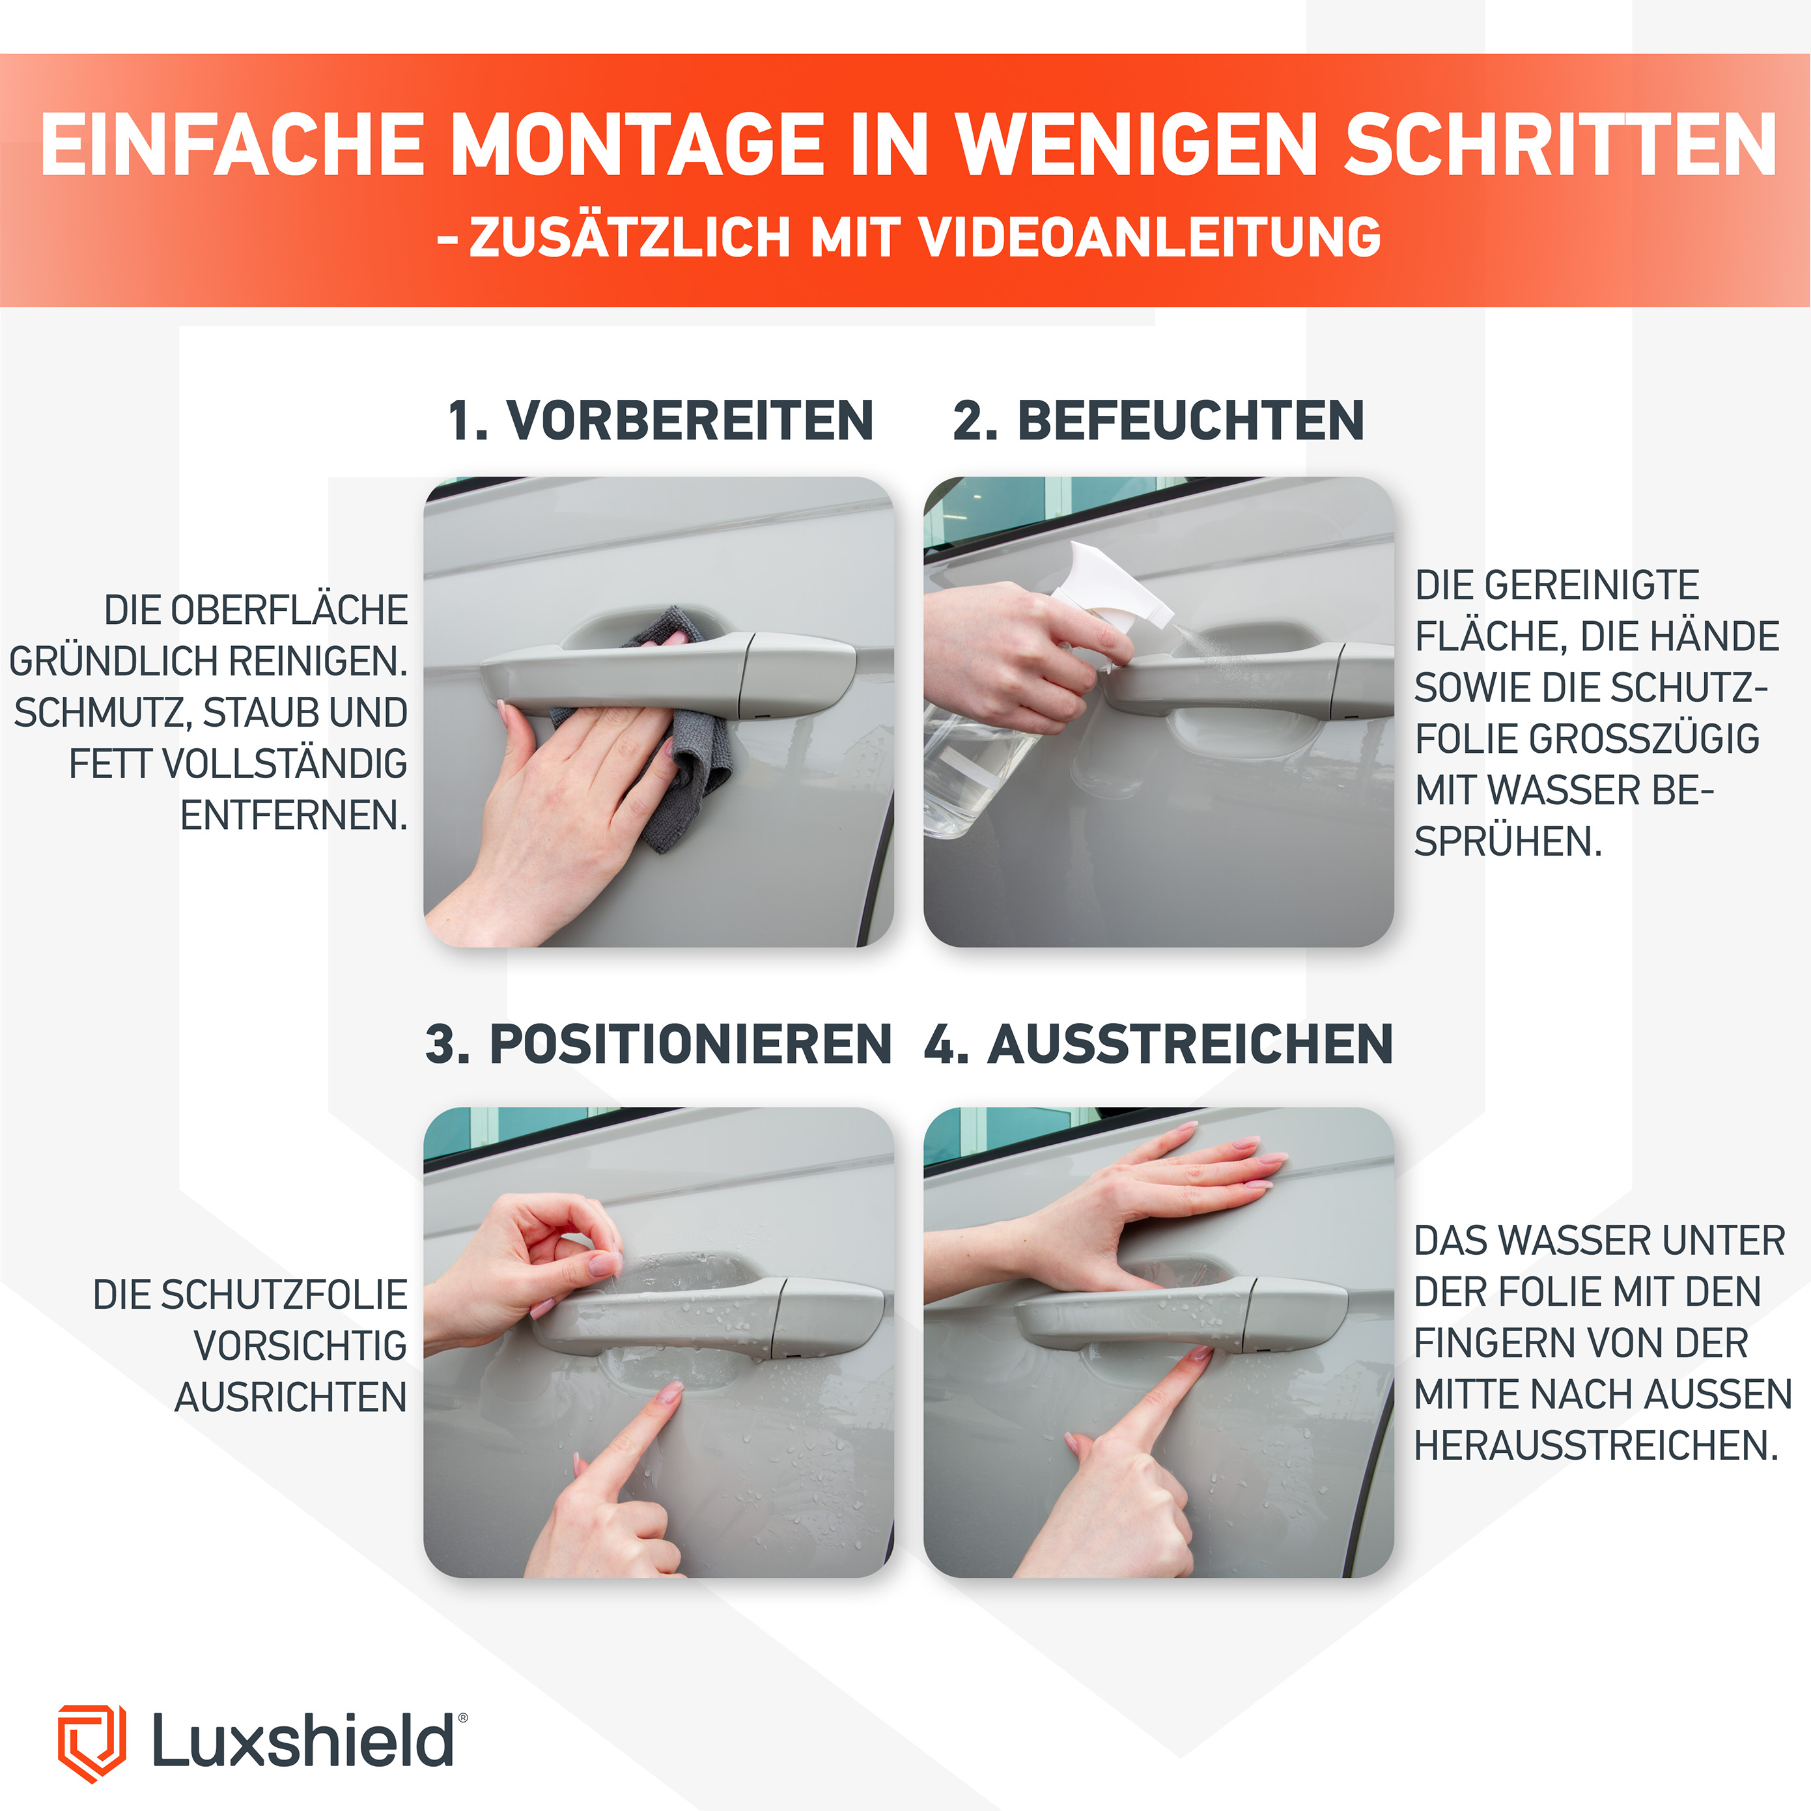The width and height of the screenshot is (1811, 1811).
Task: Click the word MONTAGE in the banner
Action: click(x=638, y=145)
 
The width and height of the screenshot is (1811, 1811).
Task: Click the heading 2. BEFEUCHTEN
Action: click(x=1158, y=420)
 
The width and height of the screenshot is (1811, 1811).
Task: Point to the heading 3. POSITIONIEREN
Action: click(x=658, y=1043)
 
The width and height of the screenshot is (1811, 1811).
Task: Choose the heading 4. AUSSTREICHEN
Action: click(x=1158, y=1043)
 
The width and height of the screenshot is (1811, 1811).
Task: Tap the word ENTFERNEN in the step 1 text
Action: click(x=294, y=815)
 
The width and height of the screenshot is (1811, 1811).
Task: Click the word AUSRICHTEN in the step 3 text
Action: click(x=290, y=1397)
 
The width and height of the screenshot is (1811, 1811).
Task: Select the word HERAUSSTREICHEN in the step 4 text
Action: click(x=1595, y=1446)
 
